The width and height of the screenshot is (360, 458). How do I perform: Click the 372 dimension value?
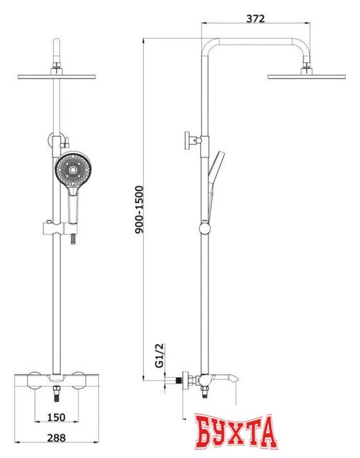click(x=256, y=19)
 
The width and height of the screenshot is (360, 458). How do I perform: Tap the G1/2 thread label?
click(x=160, y=355)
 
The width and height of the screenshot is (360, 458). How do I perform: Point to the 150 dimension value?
click(x=57, y=417)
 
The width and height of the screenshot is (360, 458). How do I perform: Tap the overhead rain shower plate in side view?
click(x=306, y=77)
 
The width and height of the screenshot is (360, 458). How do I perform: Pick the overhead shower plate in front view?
click(x=57, y=77)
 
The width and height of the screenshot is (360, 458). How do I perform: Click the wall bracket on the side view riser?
click(x=193, y=140)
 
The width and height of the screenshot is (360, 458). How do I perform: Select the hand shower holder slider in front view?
click(x=60, y=228)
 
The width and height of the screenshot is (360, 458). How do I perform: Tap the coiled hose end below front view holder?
click(x=74, y=240)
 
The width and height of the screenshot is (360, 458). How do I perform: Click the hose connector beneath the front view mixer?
click(x=57, y=394)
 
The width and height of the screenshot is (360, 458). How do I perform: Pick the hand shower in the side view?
click(x=214, y=184)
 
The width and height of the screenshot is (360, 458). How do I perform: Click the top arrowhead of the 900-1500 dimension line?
click(x=144, y=41)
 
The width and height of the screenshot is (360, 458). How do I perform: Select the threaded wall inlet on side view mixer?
click(x=178, y=381)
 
